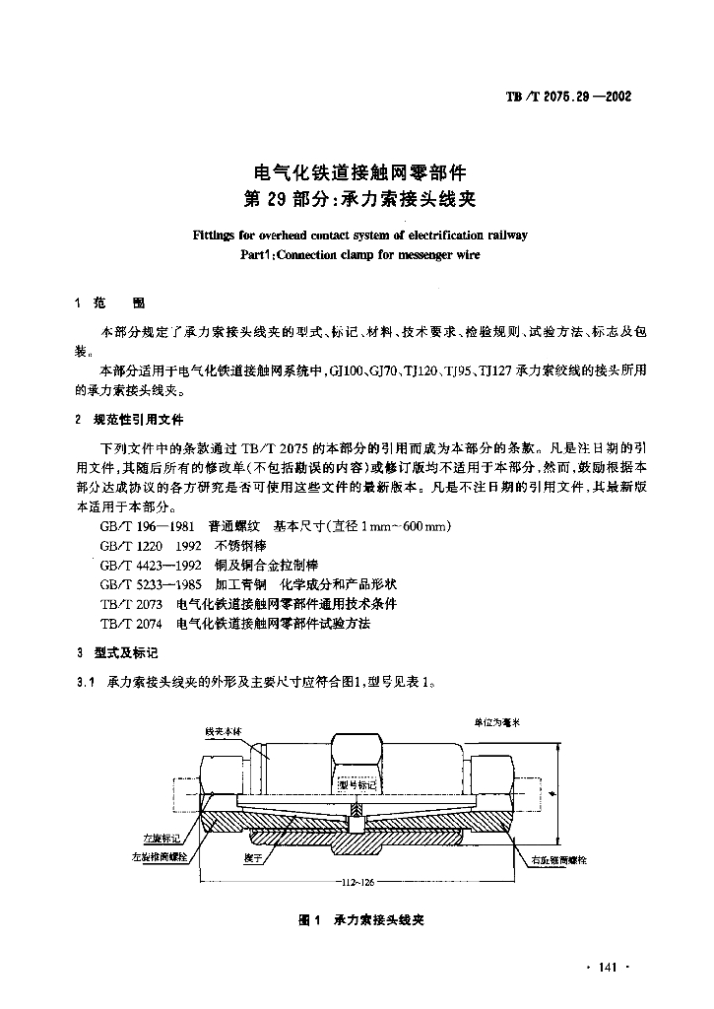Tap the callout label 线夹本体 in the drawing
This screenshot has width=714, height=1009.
(223, 732)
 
